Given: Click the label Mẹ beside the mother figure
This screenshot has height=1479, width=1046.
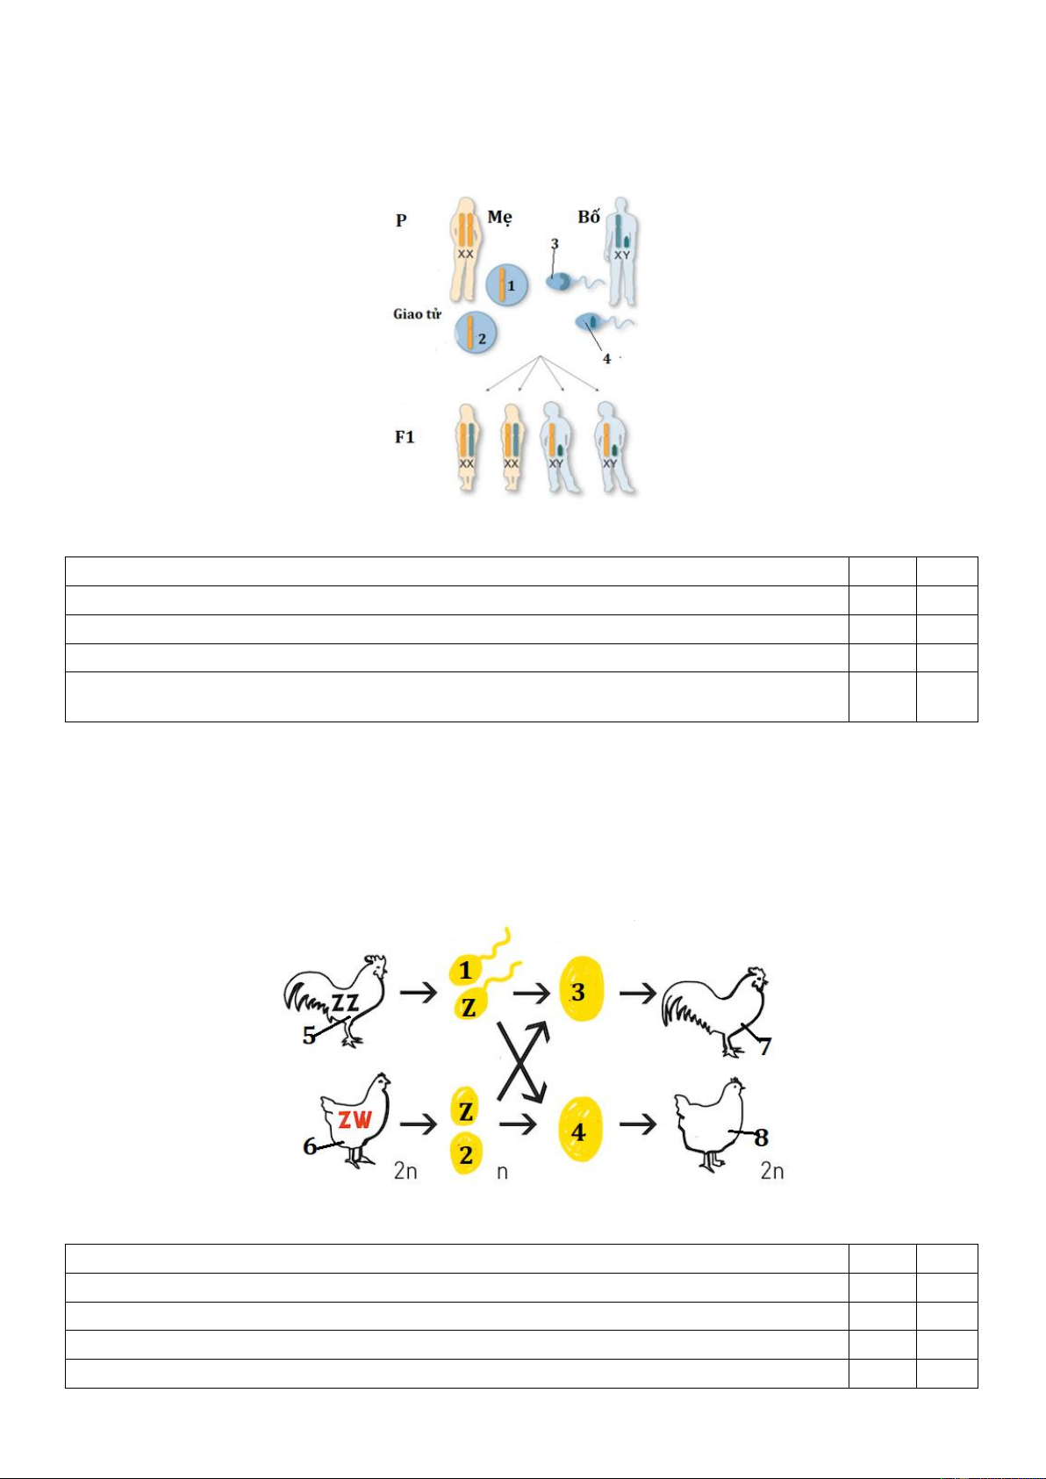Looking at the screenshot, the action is (499, 218).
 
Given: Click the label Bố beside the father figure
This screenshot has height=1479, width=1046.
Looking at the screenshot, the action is (589, 217).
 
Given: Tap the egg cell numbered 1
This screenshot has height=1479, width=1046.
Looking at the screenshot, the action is (507, 286).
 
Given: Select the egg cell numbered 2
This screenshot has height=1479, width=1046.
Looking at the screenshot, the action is (476, 332).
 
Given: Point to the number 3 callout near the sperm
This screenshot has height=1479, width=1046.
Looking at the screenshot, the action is (555, 244).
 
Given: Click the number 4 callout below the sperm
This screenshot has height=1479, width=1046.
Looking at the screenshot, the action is (606, 358).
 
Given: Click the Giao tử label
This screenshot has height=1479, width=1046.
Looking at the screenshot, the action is (417, 314).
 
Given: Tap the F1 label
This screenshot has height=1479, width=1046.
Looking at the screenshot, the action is (405, 436).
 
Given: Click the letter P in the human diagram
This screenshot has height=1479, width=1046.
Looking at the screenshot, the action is (401, 220).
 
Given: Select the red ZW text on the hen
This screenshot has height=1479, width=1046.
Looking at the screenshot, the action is (355, 1120).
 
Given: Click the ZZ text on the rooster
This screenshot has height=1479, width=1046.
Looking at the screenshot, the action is (345, 1003).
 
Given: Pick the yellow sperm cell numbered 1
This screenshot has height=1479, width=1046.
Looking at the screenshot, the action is (466, 970).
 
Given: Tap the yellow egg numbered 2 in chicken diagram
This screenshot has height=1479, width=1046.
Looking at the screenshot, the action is (467, 1154).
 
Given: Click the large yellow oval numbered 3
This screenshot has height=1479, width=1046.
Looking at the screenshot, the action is (581, 992).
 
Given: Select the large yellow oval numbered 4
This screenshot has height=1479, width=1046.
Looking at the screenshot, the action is (580, 1133).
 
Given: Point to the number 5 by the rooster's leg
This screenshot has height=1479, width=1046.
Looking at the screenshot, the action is (309, 1036).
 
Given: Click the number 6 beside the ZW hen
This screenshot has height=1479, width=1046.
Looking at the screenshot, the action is (310, 1146).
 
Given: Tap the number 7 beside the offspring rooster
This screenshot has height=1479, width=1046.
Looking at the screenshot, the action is (764, 1046).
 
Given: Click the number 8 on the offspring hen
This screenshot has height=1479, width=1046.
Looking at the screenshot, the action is (761, 1137).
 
